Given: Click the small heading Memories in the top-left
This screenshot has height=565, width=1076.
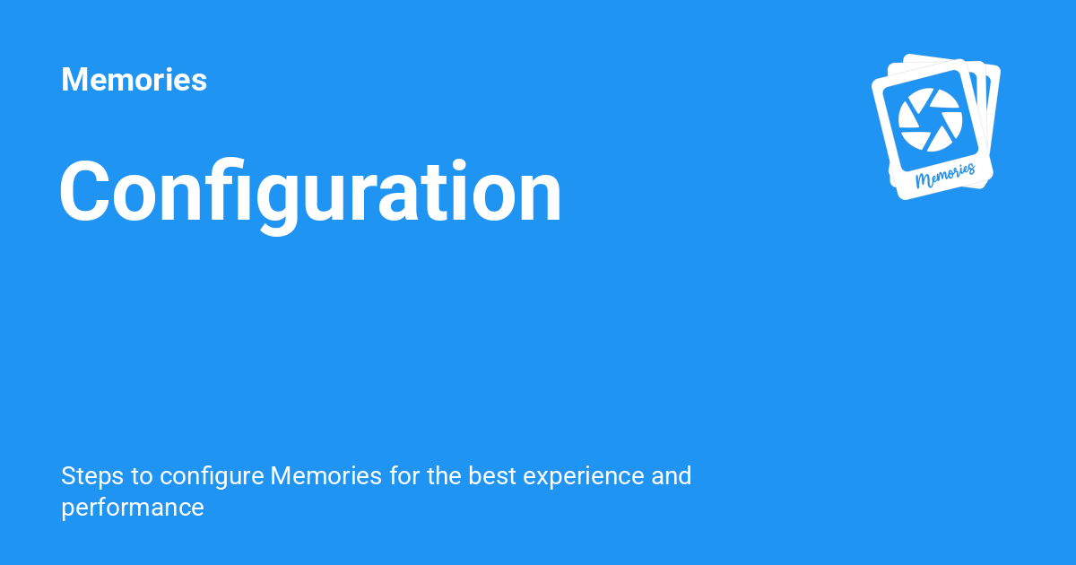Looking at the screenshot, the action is pos(134,79).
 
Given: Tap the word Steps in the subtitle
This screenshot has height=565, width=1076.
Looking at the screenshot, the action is pos(92,476).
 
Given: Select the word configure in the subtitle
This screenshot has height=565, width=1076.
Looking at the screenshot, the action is pos(212,476).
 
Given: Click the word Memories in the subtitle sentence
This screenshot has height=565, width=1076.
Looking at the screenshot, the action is pos(326,475).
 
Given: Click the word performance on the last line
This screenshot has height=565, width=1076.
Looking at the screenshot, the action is pos(133,508).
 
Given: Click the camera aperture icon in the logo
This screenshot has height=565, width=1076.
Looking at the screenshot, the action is pos(931,119).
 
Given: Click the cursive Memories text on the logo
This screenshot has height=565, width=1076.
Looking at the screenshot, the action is pos(945,176).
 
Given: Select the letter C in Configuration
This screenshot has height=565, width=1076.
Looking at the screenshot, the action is pos(84,191).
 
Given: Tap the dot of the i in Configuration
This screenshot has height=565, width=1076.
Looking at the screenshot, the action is pos(459,165).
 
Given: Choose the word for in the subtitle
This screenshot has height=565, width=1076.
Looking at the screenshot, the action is pos(405,475).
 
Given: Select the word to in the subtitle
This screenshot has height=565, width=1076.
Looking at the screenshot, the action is pos(142,476).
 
